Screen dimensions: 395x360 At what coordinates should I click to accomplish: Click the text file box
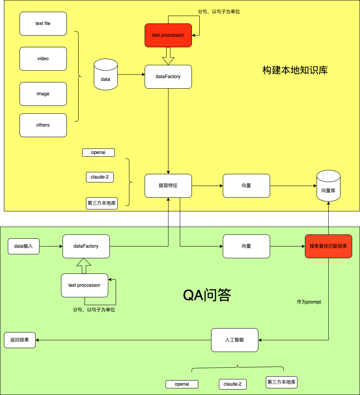[x=43, y=23]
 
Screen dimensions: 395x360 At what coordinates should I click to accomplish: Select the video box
[x=43, y=59]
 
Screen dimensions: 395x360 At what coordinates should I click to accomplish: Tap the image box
[x=43, y=94]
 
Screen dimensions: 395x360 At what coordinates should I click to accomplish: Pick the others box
[x=43, y=125]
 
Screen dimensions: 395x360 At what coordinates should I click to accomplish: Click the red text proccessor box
[x=168, y=35]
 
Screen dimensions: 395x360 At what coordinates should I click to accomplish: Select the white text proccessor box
[x=84, y=285]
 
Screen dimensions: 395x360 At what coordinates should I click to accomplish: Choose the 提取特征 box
[x=168, y=186]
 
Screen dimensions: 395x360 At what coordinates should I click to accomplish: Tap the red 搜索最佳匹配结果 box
[x=328, y=246]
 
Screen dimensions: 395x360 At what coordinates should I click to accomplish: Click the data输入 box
[x=24, y=246]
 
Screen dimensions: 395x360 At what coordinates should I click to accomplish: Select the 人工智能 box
[x=235, y=340]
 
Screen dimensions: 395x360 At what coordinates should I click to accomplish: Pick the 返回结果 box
[x=20, y=340]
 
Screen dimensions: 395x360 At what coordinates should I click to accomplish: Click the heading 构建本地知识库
[x=295, y=70]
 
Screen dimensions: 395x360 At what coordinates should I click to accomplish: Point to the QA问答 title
[x=207, y=295]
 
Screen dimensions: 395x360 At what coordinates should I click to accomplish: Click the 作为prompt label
[x=309, y=302]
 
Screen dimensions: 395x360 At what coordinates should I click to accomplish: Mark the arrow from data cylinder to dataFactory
[x=131, y=74]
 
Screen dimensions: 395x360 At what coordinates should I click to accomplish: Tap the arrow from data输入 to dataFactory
[x=51, y=246]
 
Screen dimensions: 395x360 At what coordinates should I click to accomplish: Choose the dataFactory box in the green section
[x=86, y=246]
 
